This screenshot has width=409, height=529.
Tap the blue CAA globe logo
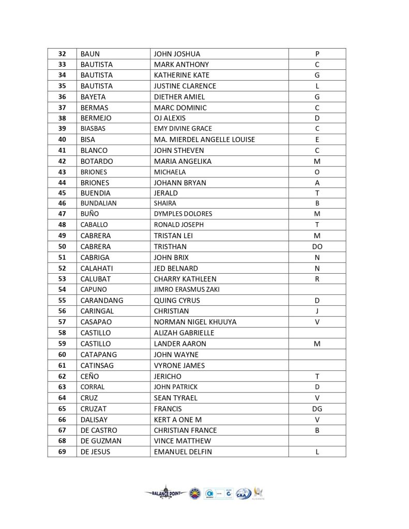pos(242,493)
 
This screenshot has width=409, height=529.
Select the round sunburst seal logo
pos(195,493)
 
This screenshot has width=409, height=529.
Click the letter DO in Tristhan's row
pos(317,246)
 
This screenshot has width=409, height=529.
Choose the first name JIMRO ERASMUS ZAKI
pos(187,289)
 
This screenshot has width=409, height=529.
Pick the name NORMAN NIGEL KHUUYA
pos(195,322)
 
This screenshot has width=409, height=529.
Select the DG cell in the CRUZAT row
pos(317,409)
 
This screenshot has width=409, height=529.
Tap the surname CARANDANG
pos(102,300)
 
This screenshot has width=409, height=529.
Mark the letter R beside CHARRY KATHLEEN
pos(317,279)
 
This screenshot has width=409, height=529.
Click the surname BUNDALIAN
pos(98,204)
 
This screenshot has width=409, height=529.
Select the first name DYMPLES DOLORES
pos(183,214)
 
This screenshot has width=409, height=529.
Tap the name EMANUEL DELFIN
pos(183,452)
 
